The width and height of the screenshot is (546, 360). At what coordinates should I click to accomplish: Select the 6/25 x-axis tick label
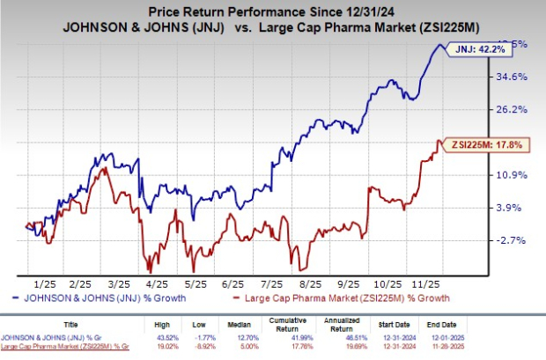click(x=233, y=283)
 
